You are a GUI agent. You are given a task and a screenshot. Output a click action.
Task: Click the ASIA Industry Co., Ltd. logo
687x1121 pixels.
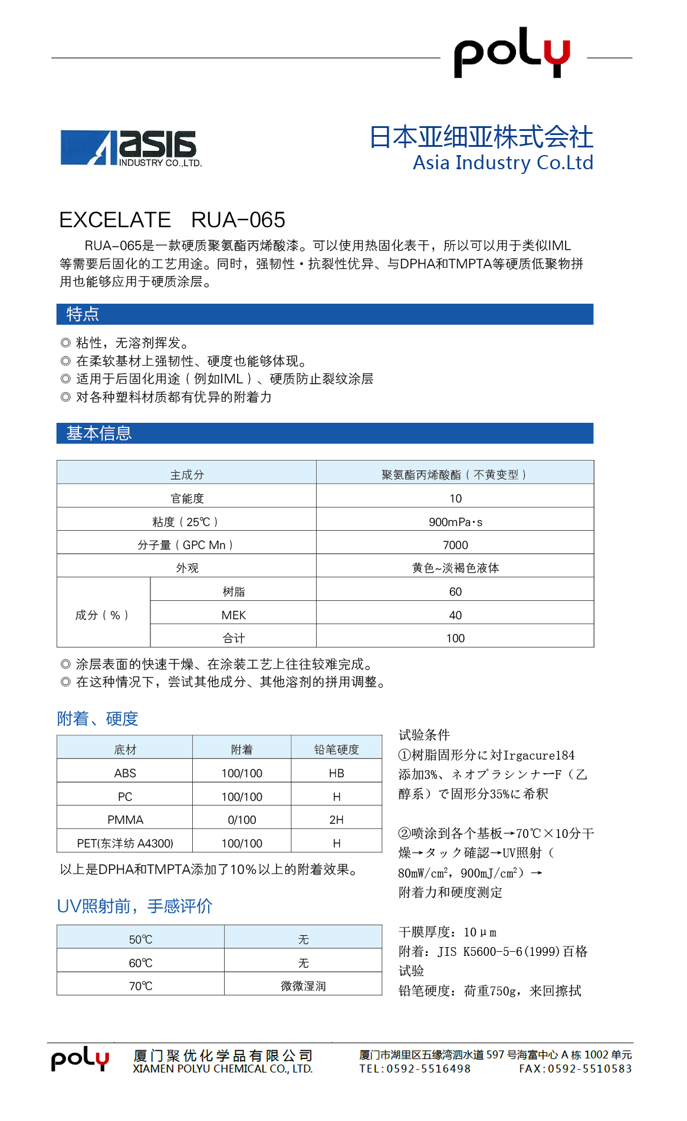point(131,148)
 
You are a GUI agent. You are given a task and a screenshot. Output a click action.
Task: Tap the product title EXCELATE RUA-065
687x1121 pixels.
point(172,220)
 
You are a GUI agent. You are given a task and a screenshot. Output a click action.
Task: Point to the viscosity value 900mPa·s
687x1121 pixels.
point(455,522)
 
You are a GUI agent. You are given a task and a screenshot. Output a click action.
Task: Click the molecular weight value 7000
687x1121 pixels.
point(455,545)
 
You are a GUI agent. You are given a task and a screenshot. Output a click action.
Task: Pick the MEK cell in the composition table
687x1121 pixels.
point(234,615)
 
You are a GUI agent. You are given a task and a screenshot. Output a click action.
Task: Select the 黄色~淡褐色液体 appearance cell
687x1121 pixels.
point(455,568)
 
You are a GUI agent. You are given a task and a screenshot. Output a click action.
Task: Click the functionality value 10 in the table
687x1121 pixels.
point(455,498)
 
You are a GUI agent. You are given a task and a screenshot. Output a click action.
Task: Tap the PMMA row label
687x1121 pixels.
point(125,820)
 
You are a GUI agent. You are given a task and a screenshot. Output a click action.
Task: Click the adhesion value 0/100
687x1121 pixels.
point(242,820)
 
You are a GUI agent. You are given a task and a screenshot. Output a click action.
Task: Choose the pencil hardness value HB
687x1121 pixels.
point(337,773)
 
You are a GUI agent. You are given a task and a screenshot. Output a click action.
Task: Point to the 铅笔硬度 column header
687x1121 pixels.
point(337,749)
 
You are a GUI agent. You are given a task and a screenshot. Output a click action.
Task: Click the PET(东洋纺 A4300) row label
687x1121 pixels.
point(125,843)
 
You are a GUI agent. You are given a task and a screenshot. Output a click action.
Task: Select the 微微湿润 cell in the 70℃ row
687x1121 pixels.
point(303,986)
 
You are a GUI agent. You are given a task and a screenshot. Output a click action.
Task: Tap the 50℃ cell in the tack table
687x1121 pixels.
point(140,939)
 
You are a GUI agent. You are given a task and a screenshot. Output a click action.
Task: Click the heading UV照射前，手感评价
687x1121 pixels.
point(134,906)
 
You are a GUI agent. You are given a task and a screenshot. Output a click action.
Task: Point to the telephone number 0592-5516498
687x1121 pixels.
point(428,1069)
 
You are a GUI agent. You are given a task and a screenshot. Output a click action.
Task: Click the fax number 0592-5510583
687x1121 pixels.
point(590,1069)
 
